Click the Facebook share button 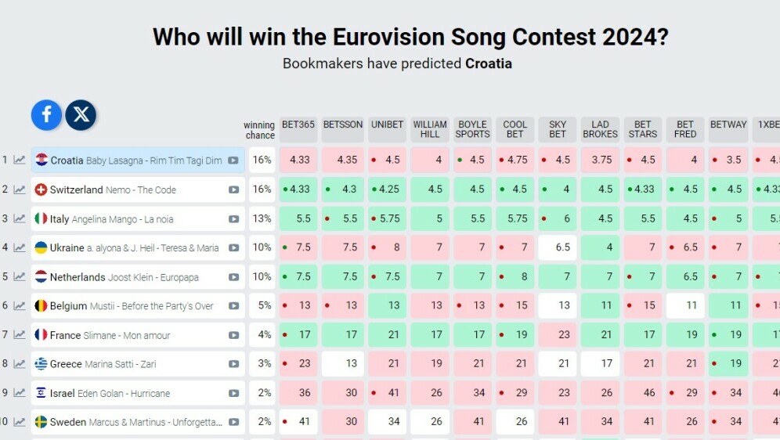tap(46, 115)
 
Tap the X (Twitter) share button tap(81, 115)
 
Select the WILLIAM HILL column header tap(430, 129)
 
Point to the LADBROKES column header tap(601, 129)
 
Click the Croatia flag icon tap(42, 160)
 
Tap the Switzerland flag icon tap(42, 189)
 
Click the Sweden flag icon tap(42, 422)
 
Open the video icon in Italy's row tap(233, 219)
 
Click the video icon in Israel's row tap(233, 393)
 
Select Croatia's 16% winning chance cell tap(262, 160)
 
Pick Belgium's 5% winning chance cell tap(262, 305)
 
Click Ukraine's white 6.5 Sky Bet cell tap(558, 247)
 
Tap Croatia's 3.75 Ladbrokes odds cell tap(601, 160)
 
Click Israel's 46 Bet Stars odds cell tap(643, 393)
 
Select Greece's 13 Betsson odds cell tap(343, 363)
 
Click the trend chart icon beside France tap(20, 335)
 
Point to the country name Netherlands tap(78, 277)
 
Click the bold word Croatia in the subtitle tap(489, 63)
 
